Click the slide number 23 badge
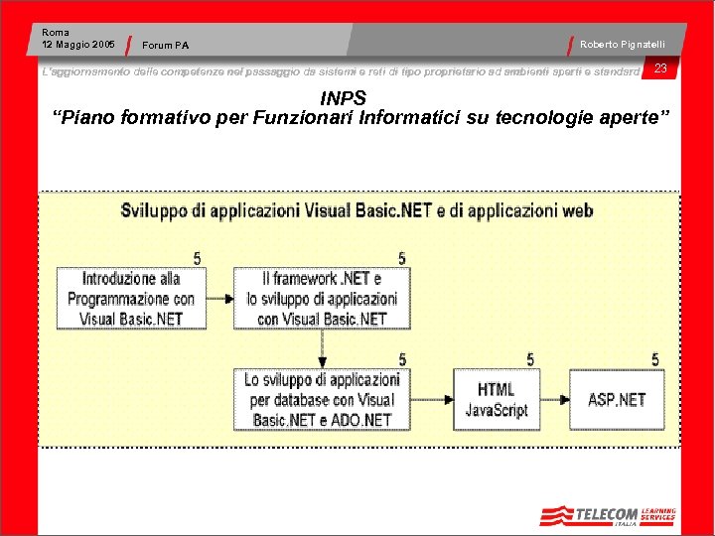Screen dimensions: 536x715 tap(659, 68)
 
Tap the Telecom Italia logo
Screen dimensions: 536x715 tap(607, 515)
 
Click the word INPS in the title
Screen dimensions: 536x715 tap(344, 98)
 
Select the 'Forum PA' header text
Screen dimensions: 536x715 tap(166, 45)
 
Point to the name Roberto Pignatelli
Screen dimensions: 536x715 tap(623, 45)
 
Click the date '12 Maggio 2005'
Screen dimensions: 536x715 tap(78, 45)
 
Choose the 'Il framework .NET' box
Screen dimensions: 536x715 tap(322, 299)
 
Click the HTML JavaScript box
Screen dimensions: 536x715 tap(496, 399)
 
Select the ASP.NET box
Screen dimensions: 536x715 tap(616, 399)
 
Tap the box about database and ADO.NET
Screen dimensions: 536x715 tap(322, 399)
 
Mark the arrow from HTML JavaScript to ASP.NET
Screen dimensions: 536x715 tap(554, 399)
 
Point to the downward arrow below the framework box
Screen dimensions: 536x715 tap(322, 348)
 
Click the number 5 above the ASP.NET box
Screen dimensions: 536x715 tap(654, 359)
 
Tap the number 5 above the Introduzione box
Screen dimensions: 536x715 tap(197, 258)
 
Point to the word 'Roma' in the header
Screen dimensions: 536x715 tap(56, 33)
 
